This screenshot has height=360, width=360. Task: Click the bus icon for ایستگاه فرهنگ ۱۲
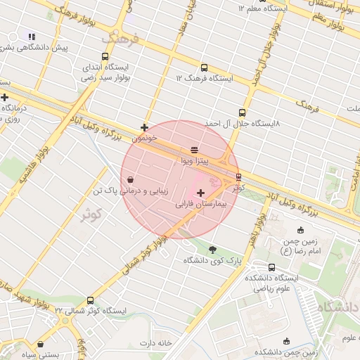click(204, 68)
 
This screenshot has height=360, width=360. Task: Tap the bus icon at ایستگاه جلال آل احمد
click(243, 112)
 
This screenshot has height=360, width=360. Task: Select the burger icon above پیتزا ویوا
click(194, 150)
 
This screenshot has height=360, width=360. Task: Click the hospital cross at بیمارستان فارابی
click(201, 193)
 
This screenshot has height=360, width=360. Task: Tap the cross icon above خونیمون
click(144, 128)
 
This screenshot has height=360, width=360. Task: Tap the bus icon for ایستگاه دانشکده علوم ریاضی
click(272, 267)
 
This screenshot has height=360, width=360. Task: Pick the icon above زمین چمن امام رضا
click(301, 230)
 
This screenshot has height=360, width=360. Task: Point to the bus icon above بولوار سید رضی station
click(105, 57)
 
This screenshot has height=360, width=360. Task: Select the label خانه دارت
click(155, 343)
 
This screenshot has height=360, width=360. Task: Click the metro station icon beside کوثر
click(238, 176)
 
